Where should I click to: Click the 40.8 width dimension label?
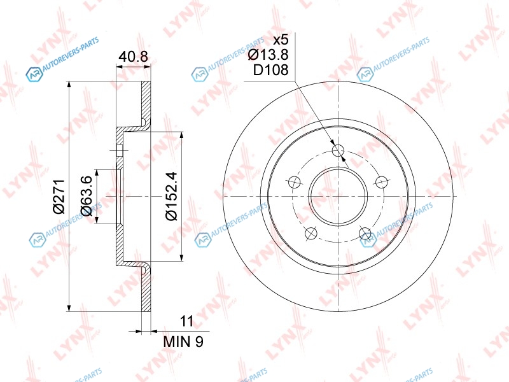(133, 57)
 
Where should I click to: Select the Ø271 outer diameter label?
(59, 197)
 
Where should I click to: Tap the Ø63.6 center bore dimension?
(87, 196)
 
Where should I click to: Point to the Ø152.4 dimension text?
(171, 196)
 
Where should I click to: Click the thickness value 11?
(186, 321)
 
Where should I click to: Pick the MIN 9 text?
(183, 341)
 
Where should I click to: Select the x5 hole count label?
(281, 40)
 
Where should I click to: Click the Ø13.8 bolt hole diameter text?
(268, 55)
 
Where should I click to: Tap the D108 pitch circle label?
(271, 70)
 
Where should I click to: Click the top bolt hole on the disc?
(338, 150)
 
